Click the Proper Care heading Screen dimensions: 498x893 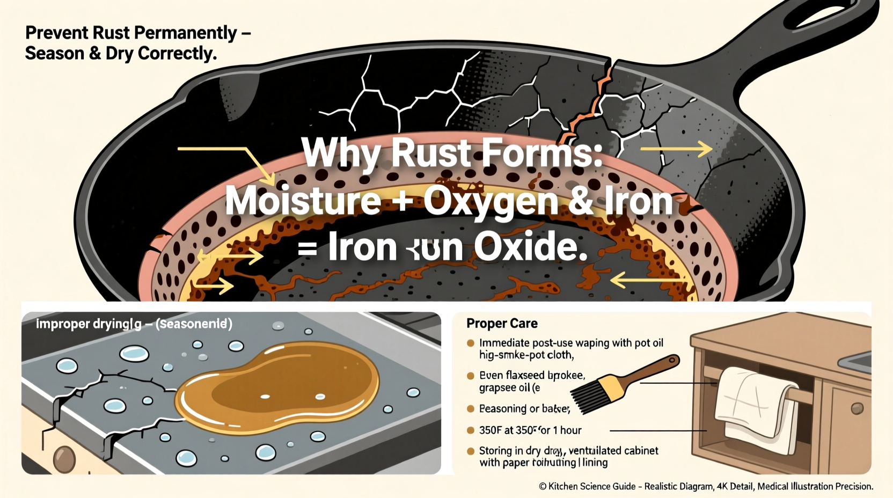point(502,324)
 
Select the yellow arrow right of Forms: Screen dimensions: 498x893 point(677,149)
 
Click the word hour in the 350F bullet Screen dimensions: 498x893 point(570,430)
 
